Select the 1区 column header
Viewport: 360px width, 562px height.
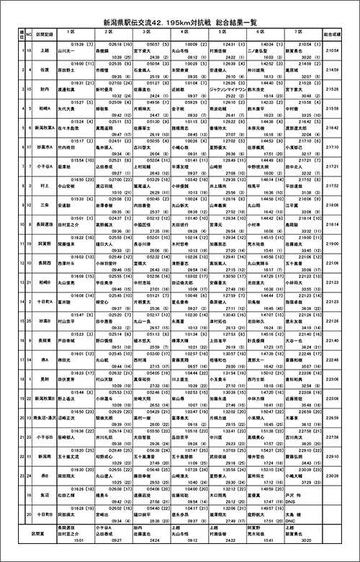pyautogui.click(x=71, y=32)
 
